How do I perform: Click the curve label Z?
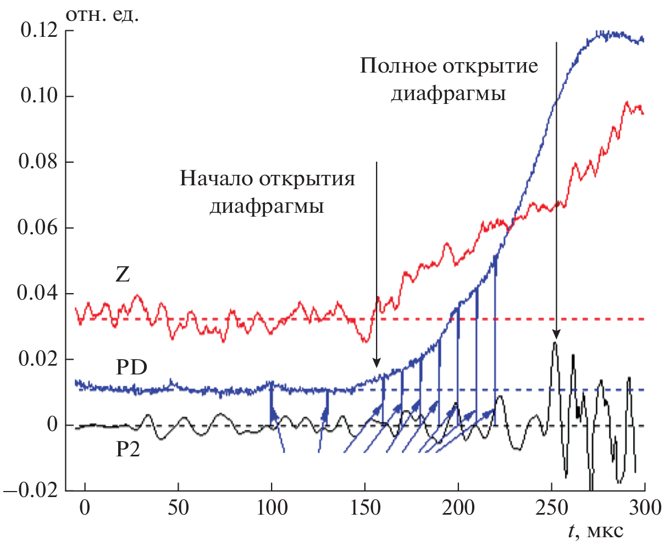pos(123,274)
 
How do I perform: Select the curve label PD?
pos(131,367)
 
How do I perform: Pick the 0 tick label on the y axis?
pos(52,425)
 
